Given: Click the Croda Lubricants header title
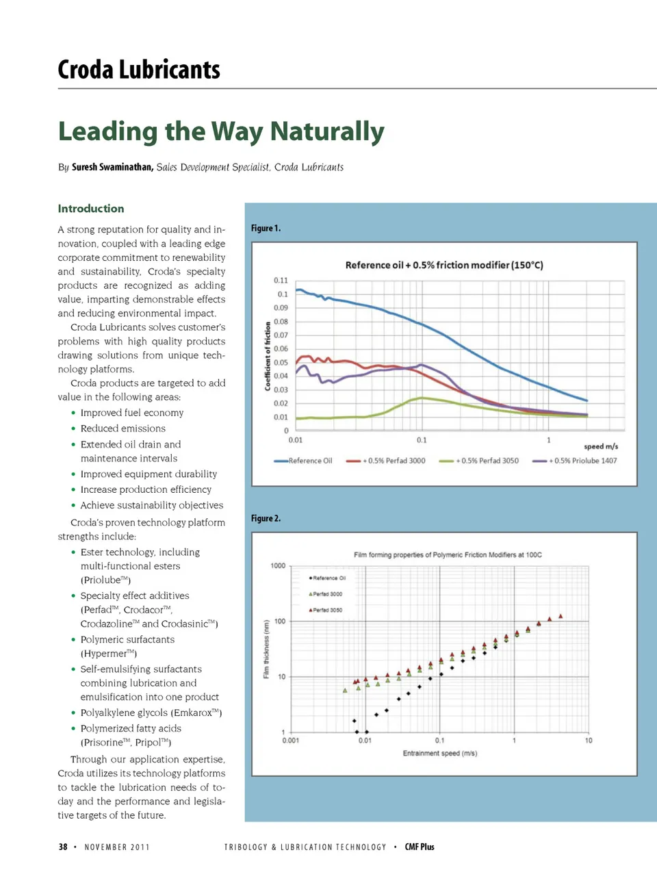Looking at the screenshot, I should (139, 70).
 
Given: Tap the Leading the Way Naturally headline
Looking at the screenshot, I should (221, 131).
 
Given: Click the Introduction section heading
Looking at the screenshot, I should (91, 208).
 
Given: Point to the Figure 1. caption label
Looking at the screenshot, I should (266, 228).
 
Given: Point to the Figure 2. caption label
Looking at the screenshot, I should (266, 518).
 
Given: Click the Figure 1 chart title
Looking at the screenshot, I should (444, 265).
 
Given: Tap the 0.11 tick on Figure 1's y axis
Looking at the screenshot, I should (281, 280).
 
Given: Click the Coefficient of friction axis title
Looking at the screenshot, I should (268, 356).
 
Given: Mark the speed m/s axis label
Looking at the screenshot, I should (600, 446).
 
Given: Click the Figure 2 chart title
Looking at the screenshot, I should (448, 554).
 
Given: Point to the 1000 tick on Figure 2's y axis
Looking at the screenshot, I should (278, 565).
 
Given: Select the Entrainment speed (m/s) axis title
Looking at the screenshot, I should (439, 753).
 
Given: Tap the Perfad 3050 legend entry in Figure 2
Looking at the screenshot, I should (327, 610).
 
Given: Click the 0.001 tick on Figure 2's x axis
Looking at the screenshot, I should (291, 740).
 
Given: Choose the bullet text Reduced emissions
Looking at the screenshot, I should (123, 428).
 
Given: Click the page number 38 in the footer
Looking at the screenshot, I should (63, 847).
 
